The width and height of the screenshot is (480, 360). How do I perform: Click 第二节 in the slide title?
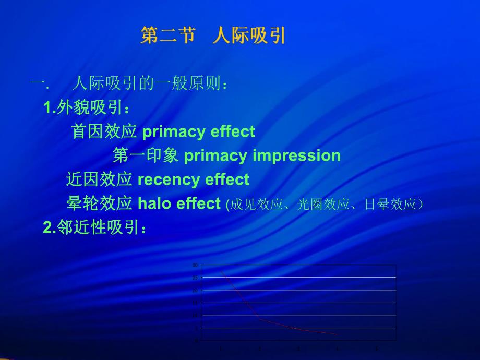(x=168, y=36)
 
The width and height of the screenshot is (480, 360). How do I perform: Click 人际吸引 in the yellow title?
(x=249, y=36)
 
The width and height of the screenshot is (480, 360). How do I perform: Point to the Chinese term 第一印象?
(x=146, y=155)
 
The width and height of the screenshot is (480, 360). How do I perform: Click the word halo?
(x=154, y=203)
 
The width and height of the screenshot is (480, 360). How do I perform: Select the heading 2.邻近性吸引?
(x=94, y=227)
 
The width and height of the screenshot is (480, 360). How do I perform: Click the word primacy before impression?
(x=216, y=155)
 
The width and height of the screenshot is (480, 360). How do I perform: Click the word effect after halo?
(x=198, y=203)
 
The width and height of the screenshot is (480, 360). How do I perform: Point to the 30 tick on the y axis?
(x=195, y=265)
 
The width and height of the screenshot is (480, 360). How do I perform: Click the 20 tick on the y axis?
(x=195, y=291)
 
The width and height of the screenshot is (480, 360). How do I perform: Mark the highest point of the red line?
(x=221, y=271)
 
